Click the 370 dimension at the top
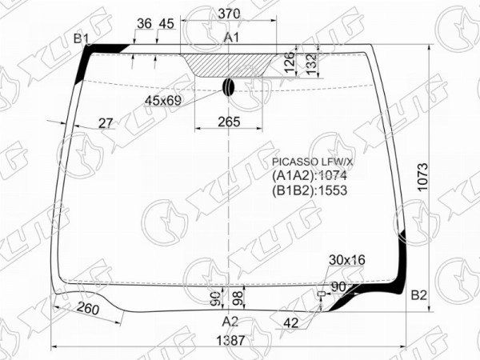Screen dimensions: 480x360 (229, 14)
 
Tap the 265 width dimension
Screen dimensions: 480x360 (229, 122)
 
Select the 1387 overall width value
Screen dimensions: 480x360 (231, 341)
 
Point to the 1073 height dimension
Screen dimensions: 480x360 (422, 178)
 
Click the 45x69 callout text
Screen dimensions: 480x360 (163, 101)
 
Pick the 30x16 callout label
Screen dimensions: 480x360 (347, 260)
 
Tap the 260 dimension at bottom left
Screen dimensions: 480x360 (88, 308)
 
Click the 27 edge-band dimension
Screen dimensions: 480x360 (106, 123)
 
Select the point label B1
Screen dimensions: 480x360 (81, 39)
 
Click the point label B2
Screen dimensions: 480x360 (418, 296)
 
